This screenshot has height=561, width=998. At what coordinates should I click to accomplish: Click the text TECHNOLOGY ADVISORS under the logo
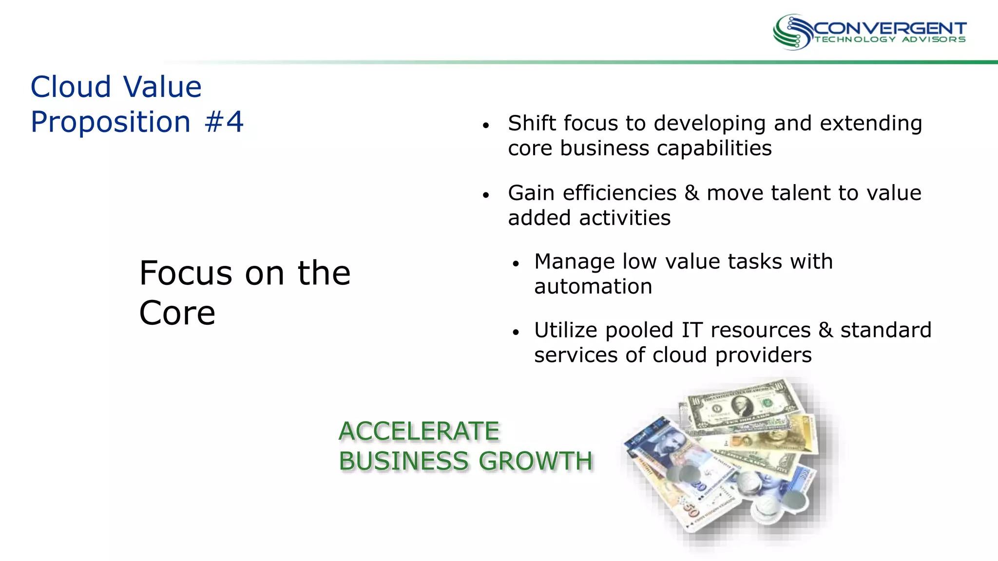[890, 39]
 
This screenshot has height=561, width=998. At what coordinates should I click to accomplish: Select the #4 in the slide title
[224, 122]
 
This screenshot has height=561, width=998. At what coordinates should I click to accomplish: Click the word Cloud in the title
[71, 87]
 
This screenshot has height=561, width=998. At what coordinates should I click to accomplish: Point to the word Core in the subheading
[177, 313]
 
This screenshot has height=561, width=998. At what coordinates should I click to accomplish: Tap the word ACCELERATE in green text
[419, 431]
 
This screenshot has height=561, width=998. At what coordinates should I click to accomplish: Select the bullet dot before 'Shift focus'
[485, 126]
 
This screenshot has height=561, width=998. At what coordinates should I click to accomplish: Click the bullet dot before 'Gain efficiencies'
[485, 195]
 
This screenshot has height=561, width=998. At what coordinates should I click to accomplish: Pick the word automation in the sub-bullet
[593, 287]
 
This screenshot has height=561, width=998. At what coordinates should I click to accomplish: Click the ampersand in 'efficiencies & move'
[691, 193]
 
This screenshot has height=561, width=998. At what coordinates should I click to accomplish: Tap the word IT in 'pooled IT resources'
[692, 331]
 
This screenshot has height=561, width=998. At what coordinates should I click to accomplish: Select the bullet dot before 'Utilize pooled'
[516, 333]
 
